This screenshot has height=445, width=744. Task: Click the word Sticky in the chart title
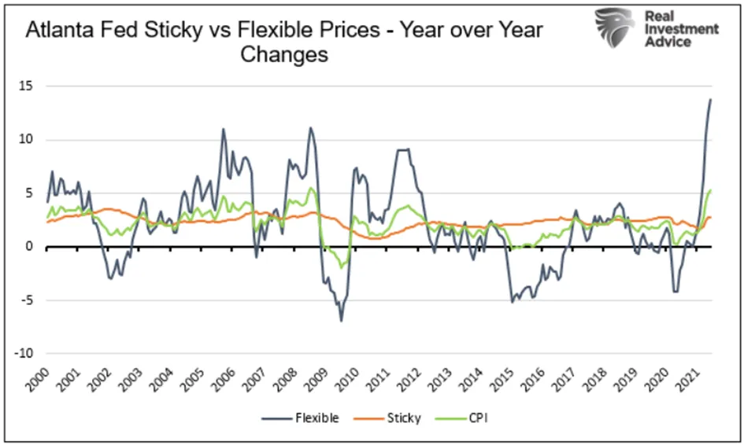point(173,31)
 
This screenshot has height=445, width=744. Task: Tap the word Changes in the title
point(284,54)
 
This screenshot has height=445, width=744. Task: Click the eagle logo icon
point(614,27)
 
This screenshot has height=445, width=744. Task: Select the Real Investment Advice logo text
point(681,29)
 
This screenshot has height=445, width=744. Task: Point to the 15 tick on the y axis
point(26,86)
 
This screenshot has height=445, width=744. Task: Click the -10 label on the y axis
point(24,354)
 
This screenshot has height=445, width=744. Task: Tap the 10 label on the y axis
point(26,139)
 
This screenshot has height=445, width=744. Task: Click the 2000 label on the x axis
point(38,380)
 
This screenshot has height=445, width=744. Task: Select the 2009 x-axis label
point(316,380)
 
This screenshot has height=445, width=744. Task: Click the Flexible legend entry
point(300,418)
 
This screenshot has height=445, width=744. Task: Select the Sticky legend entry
point(387,418)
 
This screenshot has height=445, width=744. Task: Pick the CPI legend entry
point(462,418)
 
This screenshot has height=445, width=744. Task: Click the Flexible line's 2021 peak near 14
point(710,99)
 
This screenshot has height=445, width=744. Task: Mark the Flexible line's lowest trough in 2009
point(341,322)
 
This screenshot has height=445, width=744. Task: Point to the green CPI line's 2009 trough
point(341,268)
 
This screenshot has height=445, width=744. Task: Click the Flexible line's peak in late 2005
point(223,128)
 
